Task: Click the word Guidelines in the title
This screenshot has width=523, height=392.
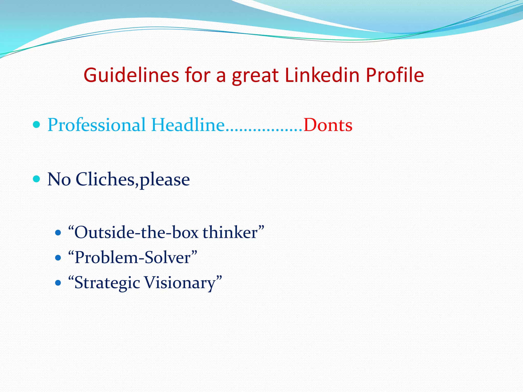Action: pos(131,75)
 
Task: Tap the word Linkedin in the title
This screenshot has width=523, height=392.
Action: pos(322,75)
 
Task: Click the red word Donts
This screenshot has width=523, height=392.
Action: pos(328,125)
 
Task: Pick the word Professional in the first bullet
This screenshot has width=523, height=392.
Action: pos(97,125)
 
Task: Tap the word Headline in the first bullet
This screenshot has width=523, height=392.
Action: pos(188,125)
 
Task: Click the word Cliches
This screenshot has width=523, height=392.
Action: pos(105,179)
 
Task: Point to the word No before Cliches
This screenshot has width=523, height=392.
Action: pos(59,179)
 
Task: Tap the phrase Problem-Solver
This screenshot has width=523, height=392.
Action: pos(133,258)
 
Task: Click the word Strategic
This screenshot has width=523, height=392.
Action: pos(107,283)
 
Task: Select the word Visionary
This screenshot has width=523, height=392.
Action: pos(180,283)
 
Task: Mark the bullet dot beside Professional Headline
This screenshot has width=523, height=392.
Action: pos(37,125)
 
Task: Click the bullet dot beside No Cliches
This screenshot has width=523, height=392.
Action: pos(37,179)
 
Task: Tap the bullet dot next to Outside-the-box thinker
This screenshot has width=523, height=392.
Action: pos(58,233)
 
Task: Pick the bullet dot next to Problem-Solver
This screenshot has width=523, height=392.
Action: pos(58,258)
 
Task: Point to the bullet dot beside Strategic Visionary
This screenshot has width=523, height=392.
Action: pos(58,283)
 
